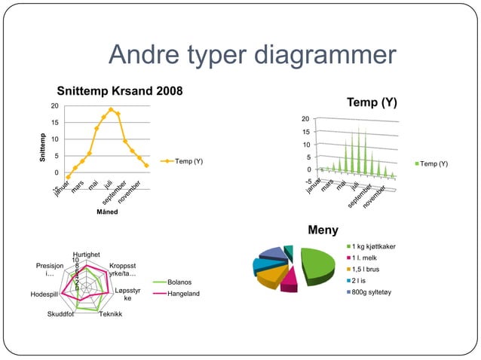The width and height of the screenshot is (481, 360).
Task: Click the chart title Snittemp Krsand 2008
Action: (x=120, y=92)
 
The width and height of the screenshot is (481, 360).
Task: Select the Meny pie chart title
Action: (x=323, y=230)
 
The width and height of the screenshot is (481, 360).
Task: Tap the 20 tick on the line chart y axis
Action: (x=54, y=106)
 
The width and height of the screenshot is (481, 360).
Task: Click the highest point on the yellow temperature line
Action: (x=111, y=110)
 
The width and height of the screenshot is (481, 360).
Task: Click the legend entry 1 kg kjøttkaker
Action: (x=373, y=247)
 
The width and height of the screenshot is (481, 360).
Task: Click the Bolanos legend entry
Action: (x=179, y=282)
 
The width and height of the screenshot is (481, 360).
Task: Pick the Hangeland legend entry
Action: (x=183, y=293)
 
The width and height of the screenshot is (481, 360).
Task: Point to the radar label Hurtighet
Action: (x=88, y=255)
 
